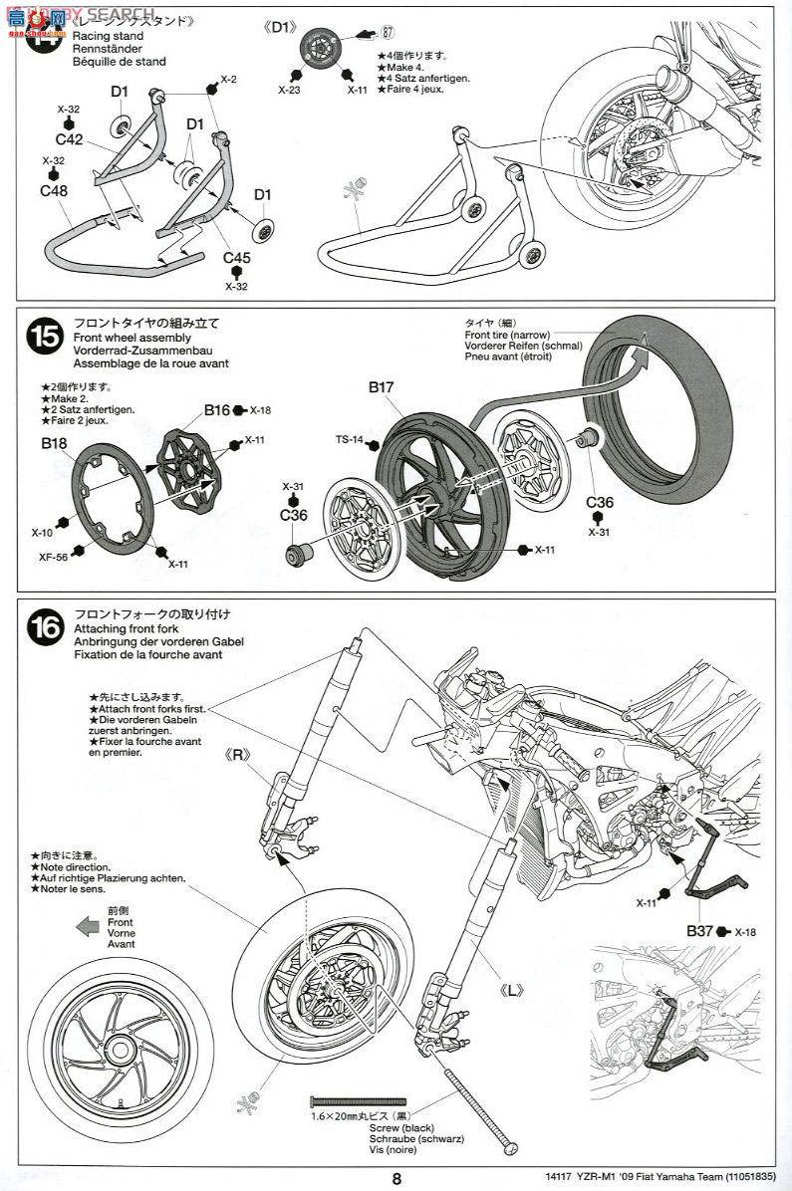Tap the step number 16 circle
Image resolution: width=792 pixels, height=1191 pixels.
tap(45, 628)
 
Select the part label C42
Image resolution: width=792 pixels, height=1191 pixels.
tap(69, 139)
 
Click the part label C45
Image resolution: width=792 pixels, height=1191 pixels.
tap(236, 258)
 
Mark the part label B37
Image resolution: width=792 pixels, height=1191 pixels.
tap(699, 931)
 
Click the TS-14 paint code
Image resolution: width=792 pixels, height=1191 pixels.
tap(349, 438)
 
